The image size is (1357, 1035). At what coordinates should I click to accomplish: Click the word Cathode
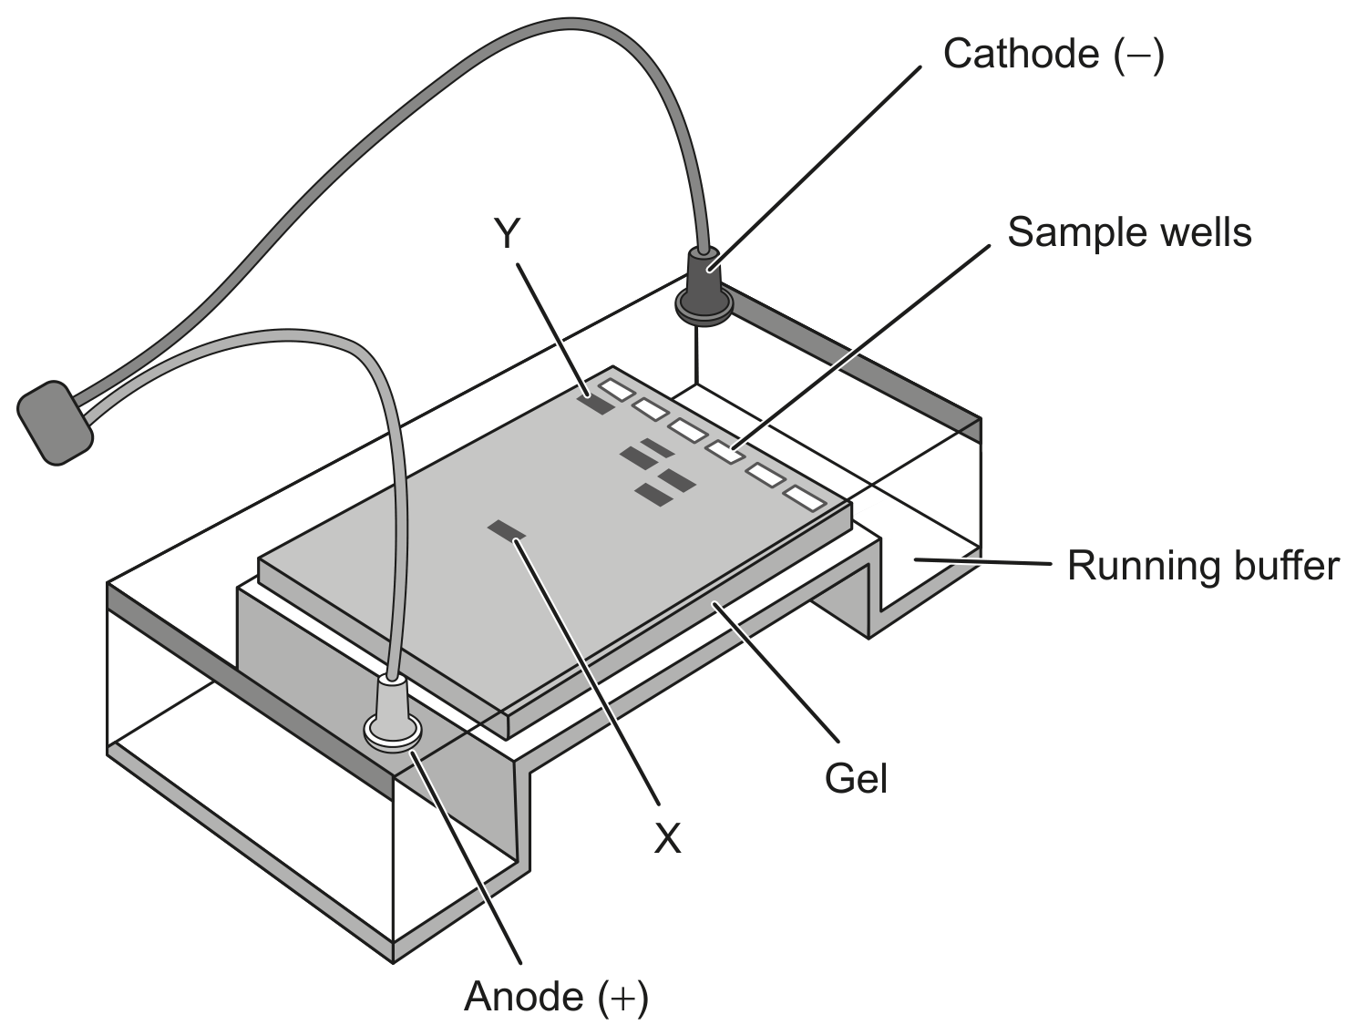point(1021,54)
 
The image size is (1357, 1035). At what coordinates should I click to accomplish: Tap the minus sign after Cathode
point(1138,55)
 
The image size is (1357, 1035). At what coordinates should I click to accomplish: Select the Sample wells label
point(1129,232)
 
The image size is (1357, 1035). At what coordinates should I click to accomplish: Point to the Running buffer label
point(1203,566)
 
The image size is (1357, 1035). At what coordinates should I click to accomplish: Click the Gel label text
point(857,778)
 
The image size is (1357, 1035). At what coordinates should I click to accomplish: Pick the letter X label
point(668,838)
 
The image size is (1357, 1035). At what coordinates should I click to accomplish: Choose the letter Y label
point(507,233)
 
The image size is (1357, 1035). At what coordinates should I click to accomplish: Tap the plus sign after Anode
point(622,998)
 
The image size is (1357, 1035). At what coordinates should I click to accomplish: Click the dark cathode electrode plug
point(704,287)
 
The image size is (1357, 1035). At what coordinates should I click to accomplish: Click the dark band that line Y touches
point(595,404)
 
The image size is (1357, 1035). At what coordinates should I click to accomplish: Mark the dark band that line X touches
point(507,530)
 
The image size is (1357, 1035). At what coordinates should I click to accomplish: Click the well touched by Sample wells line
point(725,451)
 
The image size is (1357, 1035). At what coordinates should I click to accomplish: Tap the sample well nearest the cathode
point(617,389)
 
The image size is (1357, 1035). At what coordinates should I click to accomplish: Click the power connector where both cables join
point(55,423)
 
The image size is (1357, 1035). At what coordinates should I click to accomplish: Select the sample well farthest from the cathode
point(806,498)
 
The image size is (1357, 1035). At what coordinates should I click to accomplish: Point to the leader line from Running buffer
point(983,561)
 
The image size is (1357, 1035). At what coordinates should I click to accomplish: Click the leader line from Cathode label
point(815,168)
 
